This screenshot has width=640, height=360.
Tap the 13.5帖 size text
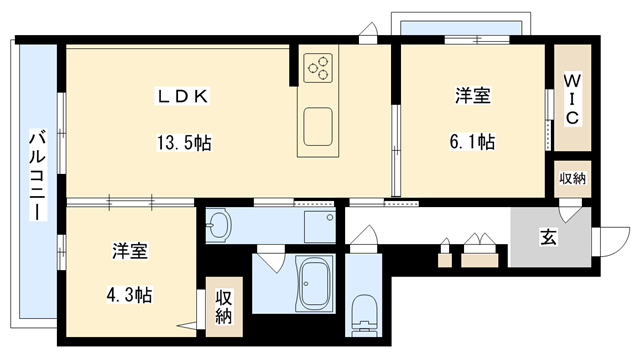(x=182, y=141)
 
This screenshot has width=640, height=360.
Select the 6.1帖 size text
(x=473, y=141)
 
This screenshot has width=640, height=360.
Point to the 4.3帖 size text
(x=131, y=297)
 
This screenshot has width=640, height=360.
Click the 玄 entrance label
(x=550, y=237)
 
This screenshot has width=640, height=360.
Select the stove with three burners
(x=321, y=68)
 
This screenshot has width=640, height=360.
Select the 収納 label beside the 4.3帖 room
(x=224, y=308)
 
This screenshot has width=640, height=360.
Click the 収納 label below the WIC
(x=572, y=178)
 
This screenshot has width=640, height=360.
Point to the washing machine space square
(x=318, y=227)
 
